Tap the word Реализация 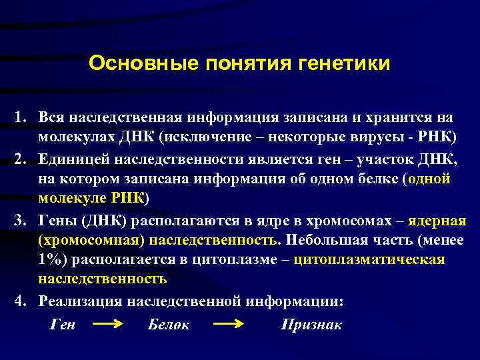click(85, 301)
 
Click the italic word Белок click(167, 325)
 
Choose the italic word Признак click(311, 325)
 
